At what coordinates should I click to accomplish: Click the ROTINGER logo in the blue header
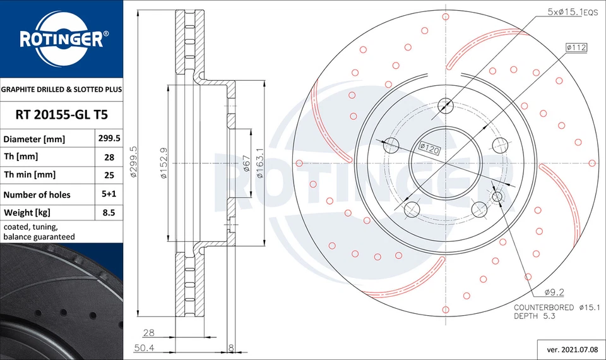pyautogui.click(x=61, y=39)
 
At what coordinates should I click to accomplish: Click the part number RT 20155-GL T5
pyautogui.click(x=61, y=114)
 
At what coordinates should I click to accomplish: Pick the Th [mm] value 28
pyautogui.click(x=109, y=157)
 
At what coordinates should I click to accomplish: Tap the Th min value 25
pyautogui.click(x=109, y=175)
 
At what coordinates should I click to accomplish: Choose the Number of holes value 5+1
pyautogui.click(x=109, y=195)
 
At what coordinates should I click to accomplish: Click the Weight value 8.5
pyautogui.click(x=109, y=213)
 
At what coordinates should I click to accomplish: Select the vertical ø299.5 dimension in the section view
pyautogui.click(x=134, y=162)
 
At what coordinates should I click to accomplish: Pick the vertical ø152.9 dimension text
pyautogui.click(x=163, y=162)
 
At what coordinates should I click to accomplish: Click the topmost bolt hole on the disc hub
pyautogui.click(x=445, y=105)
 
